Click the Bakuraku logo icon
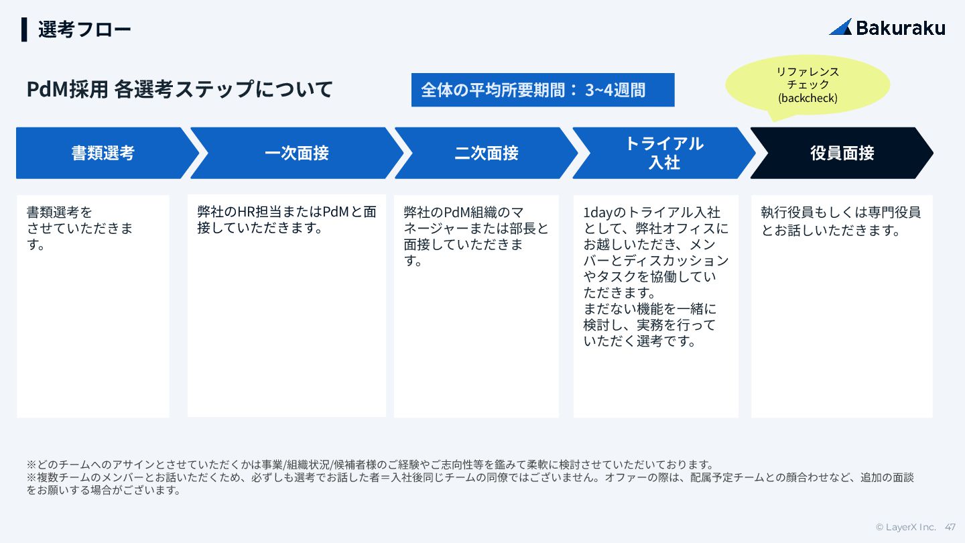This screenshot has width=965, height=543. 840,27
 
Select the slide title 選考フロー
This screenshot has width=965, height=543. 84,29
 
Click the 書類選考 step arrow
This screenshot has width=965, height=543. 103,153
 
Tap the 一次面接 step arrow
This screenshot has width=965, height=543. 296,153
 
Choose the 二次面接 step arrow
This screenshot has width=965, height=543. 486,153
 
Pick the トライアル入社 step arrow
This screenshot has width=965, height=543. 663,153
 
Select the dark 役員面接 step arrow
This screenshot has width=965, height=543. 842,153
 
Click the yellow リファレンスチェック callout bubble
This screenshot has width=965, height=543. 808,84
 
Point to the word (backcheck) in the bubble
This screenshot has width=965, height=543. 808,99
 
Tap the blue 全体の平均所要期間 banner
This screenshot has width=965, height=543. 543,90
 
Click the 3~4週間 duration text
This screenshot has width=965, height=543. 615,90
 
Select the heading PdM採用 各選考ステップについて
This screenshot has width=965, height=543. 180,89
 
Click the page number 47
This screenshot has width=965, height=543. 950,527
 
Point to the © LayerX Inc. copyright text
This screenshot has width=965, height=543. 905,527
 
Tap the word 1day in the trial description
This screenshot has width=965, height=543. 598,213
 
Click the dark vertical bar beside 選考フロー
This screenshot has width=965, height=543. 24,29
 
